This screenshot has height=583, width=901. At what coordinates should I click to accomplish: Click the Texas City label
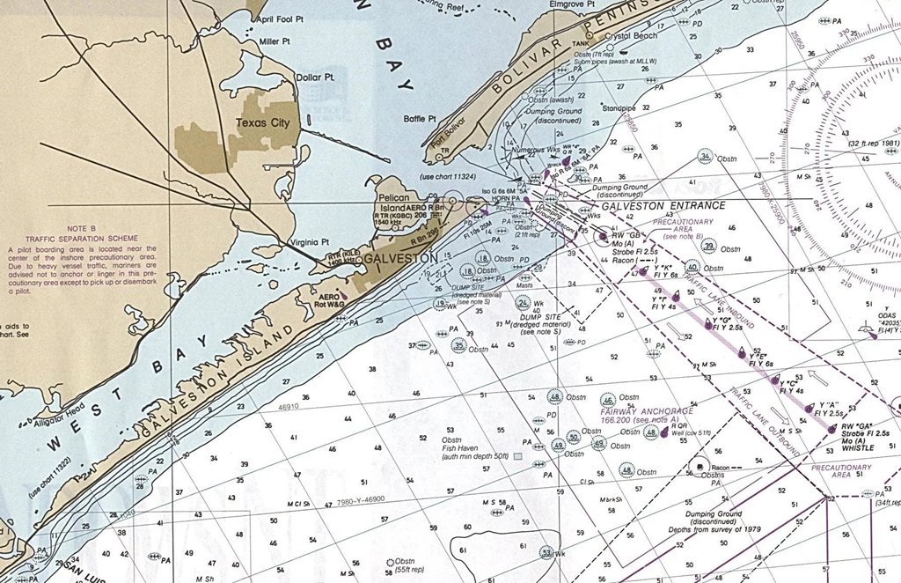tap(263, 123)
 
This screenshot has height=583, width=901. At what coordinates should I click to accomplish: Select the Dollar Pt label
tap(315, 77)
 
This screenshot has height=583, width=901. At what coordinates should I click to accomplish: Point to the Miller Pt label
tap(275, 41)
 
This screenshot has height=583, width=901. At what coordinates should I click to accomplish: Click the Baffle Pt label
tap(420, 118)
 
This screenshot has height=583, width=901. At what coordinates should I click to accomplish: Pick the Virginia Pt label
tap(309, 241)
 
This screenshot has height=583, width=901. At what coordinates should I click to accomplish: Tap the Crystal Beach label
tap(630, 37)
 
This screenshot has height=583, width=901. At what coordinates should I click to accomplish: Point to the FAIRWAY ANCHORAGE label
tap(647, 411)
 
